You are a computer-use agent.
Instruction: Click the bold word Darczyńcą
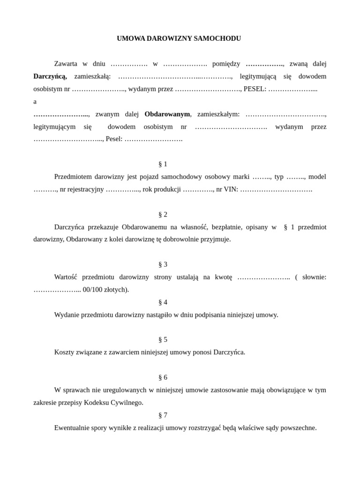coord(50,76)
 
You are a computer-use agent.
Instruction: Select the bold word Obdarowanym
coord(167,114)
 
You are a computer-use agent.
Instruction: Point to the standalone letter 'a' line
coord(35,101)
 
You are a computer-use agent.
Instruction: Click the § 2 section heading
coord(163,214)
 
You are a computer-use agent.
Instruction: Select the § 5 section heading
coord(163,339)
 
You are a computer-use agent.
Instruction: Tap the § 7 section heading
coord(163,415)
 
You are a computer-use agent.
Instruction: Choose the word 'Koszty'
coord(64,352)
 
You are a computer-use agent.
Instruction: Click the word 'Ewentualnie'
coord(73,427)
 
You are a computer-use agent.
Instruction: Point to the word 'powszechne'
coord(299,427)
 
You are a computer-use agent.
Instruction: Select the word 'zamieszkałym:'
coord(218,114)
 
